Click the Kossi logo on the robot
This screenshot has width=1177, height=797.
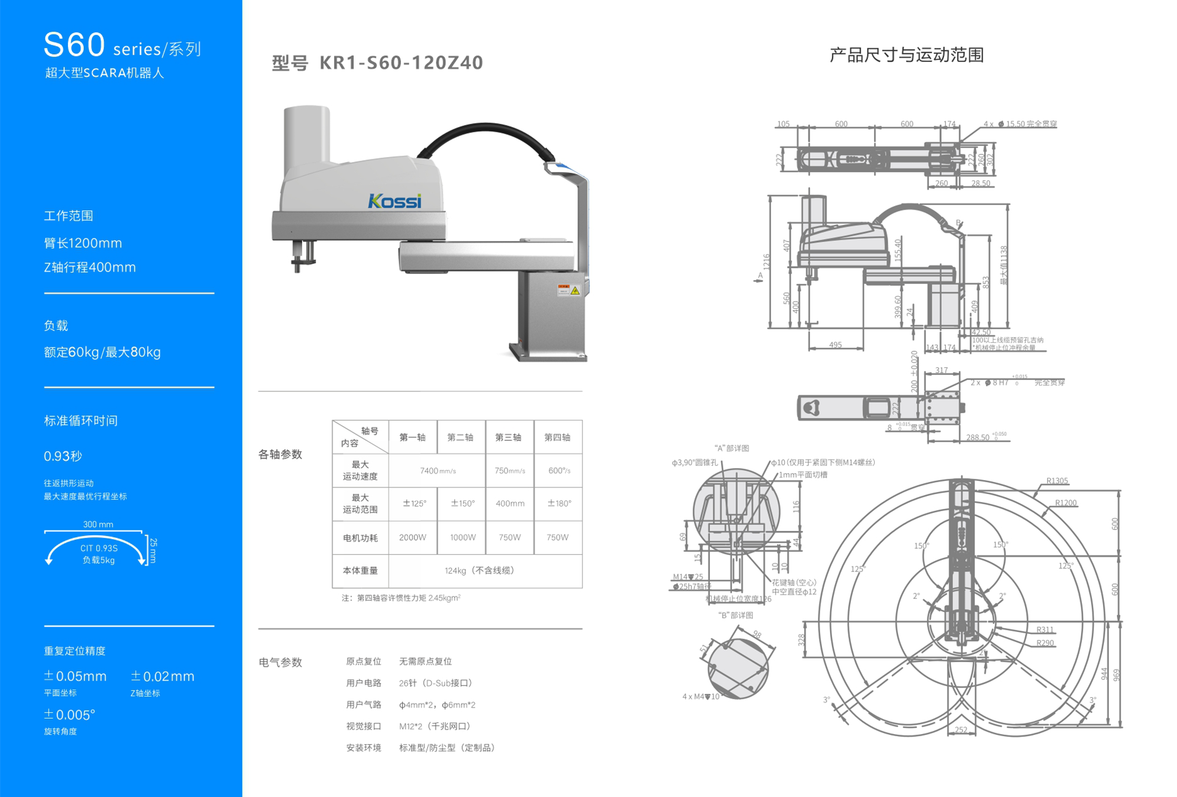(x=394, y=201)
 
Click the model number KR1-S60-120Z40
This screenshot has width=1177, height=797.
(x=401, y=63)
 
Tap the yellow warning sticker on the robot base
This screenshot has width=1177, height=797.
(x=574, y=291)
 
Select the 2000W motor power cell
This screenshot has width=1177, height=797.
(x=413, y=538)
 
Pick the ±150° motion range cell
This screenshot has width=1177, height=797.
(x=463, y=503)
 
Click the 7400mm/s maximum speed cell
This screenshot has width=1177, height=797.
(x=437, y=471)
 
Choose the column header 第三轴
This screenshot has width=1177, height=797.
(x=508, y=437)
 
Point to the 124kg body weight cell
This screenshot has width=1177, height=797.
(x=479, y=571)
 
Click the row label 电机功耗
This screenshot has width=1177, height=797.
(x=360, y=538)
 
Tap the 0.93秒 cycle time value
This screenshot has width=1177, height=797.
(x=63, y=456)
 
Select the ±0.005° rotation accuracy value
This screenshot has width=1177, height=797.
(x=69, y=715)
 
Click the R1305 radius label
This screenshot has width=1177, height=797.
(x=1057, y=481)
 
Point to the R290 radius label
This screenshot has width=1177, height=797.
(x=1045, y=643)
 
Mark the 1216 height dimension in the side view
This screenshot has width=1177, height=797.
(x=766, y=262)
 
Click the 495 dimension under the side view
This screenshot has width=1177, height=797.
(x=835, y=345)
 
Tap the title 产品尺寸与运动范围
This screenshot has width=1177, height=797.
(x=906, y=55)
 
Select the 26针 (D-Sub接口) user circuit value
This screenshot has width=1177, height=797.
(x=435, y=683)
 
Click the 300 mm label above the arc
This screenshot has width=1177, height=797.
(x=98, y=524)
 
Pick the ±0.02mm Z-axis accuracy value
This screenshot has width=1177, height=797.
(x=162, y=676)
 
